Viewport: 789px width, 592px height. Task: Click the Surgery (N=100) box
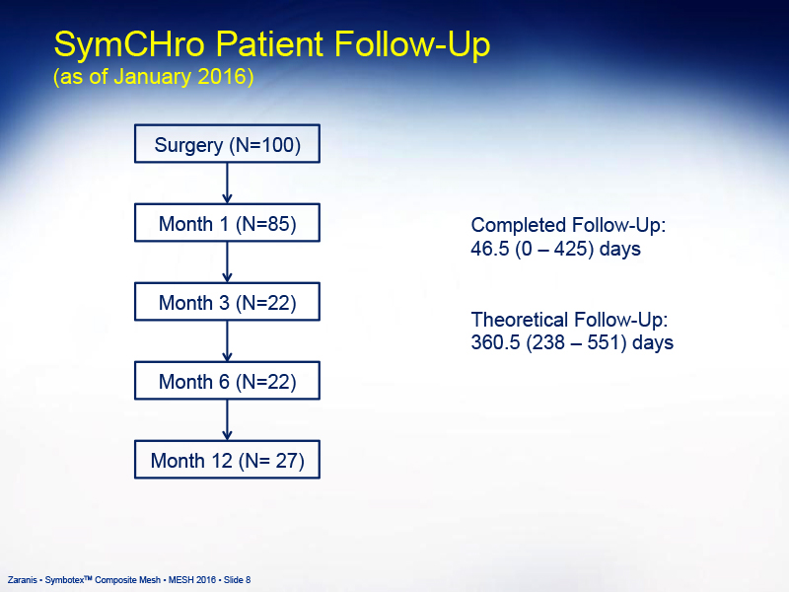click(x=227, y=143)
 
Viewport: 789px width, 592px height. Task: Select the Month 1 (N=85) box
click(x=227, y=223)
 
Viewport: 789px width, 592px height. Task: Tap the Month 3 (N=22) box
click(x=227, y=302)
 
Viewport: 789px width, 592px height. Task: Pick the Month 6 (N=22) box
click(x=227, y=381)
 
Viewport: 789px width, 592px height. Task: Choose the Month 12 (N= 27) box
click(x=227, y=460)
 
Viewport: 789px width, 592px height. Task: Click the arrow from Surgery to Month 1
click(x=227, y=184)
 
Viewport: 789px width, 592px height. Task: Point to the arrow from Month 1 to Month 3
click(x=227, y=262)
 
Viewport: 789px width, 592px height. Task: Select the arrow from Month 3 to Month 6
click(x=227, y=341)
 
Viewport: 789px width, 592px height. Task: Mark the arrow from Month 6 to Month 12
click(x=227, y=420)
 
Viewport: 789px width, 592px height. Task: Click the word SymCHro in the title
click(x=129, y=45)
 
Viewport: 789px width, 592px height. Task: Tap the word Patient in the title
click(x=269, y=43)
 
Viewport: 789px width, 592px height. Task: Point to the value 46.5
click(x=490, y=249)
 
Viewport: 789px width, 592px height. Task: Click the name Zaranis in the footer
click(x=22, y=580)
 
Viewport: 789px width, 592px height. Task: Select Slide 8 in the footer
click(x=237, y=580)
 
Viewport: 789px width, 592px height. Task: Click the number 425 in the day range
click(x=571, y=249)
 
